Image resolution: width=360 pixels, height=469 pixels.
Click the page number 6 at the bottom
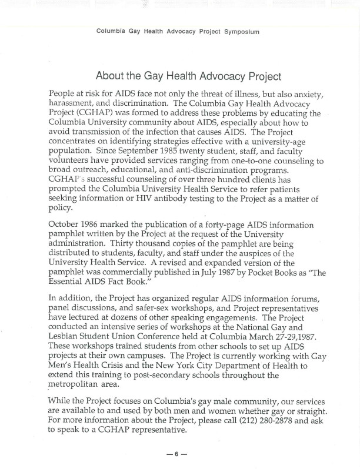coord(176,454)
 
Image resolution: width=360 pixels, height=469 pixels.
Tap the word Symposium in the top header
coord(241,32)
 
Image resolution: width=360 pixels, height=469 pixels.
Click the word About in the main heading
coord(112,76)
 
